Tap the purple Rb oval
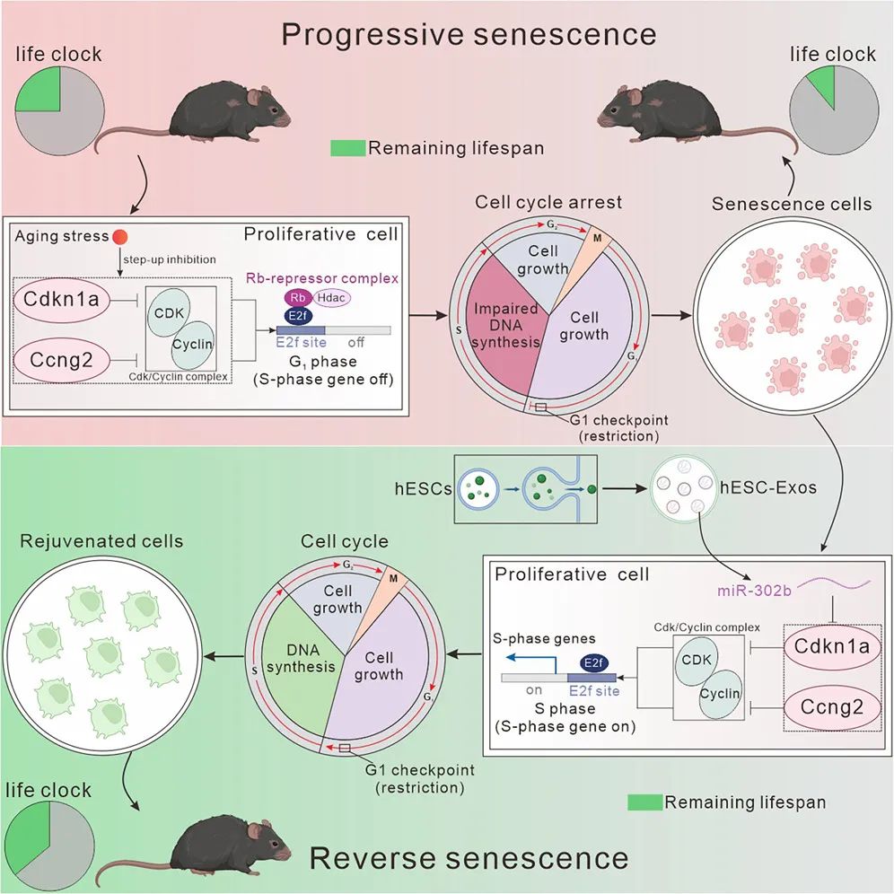click(296, 298)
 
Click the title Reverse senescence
click(469, 858)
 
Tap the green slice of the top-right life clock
click(820, 89)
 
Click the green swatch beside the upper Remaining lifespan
click(348, 148)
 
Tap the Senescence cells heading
click(791, 204)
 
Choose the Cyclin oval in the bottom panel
click(720, 694)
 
